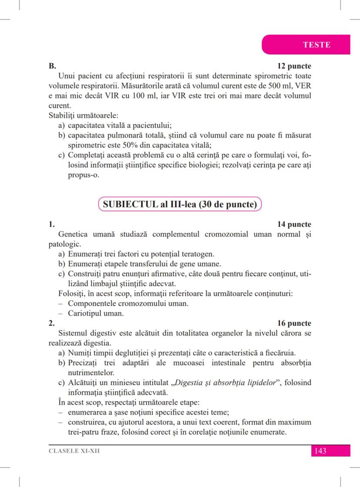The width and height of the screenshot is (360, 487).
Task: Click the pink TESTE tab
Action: pyautogui.click(x=316, y=45)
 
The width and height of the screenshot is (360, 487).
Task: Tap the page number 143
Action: pyautogui.click(x=320, y=451)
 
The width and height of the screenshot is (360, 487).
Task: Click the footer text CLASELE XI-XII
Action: pyautogui.click(x=74, y=451)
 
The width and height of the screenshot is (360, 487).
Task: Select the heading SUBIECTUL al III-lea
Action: pyautogui.click(x=180, y=204)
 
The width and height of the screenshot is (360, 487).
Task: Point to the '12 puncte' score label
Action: pyautogui.click(x=294, y=66)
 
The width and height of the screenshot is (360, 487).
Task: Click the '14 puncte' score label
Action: pyautogui.click(x=294, y=225)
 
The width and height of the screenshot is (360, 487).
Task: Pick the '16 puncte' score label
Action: pyautogui.click(x=294, y=323)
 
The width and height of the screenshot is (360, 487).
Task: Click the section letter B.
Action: pyautogui.click(x=52, y=66)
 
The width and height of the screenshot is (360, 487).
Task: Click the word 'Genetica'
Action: pyautogui.click(x=74, y=235)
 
